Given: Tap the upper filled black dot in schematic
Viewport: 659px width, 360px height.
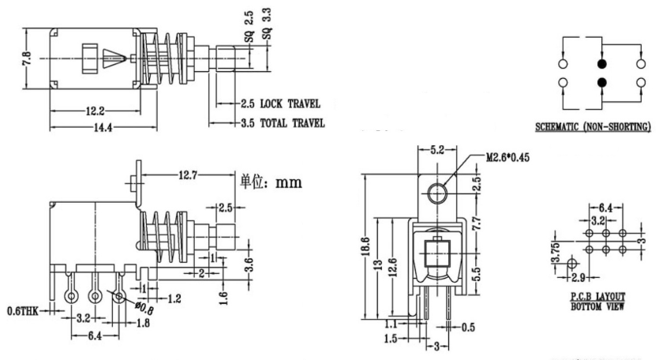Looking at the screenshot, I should (x=602, y=64).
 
